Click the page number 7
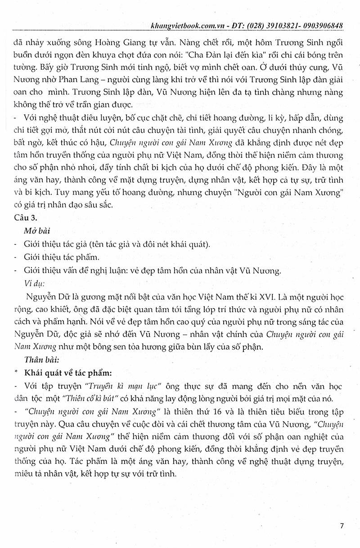(342, 526)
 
